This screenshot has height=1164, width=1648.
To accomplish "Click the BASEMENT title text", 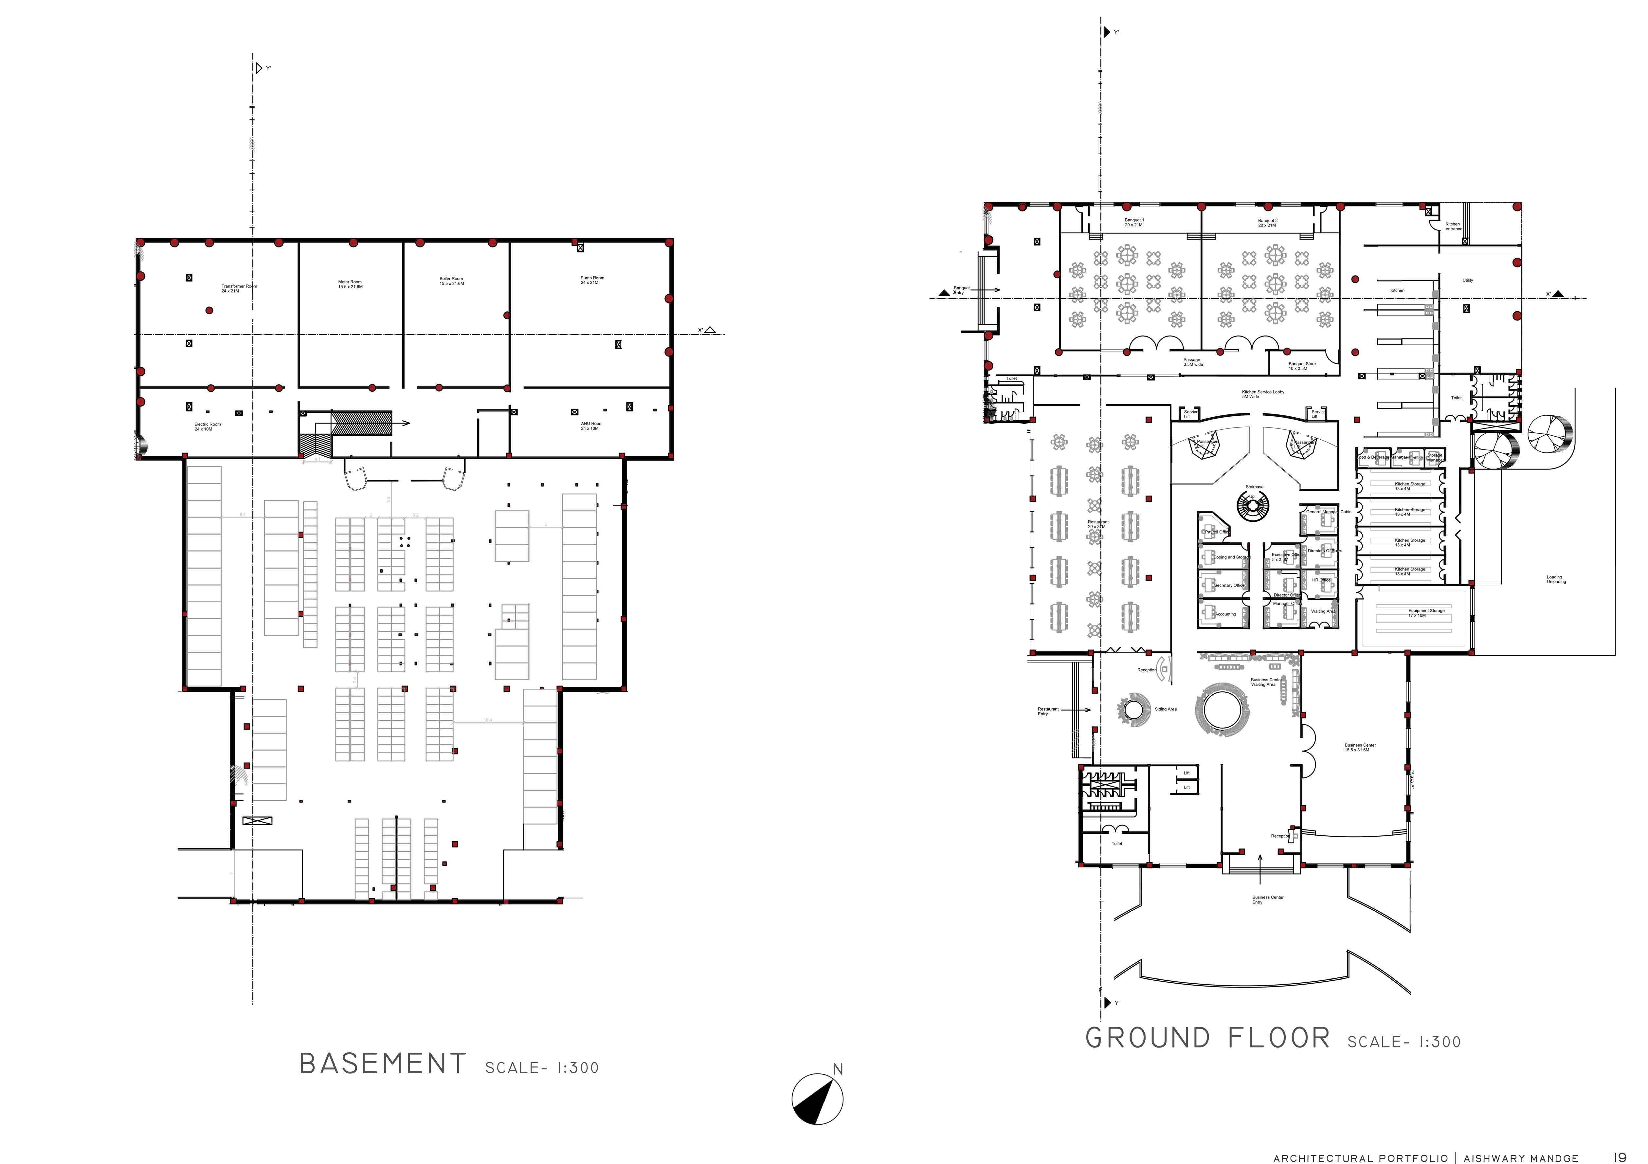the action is pos(383,1064).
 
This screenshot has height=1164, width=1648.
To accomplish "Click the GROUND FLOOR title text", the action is pos(1207,1038).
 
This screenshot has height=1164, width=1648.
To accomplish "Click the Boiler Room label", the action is pos(451,281).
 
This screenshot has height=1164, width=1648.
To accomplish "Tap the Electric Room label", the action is pos(208,426).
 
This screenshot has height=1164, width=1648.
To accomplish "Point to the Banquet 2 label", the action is pos(1268,223).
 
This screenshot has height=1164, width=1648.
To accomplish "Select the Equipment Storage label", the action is pos(1426,613).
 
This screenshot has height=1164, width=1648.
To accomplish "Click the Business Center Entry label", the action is pos(1268,899).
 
